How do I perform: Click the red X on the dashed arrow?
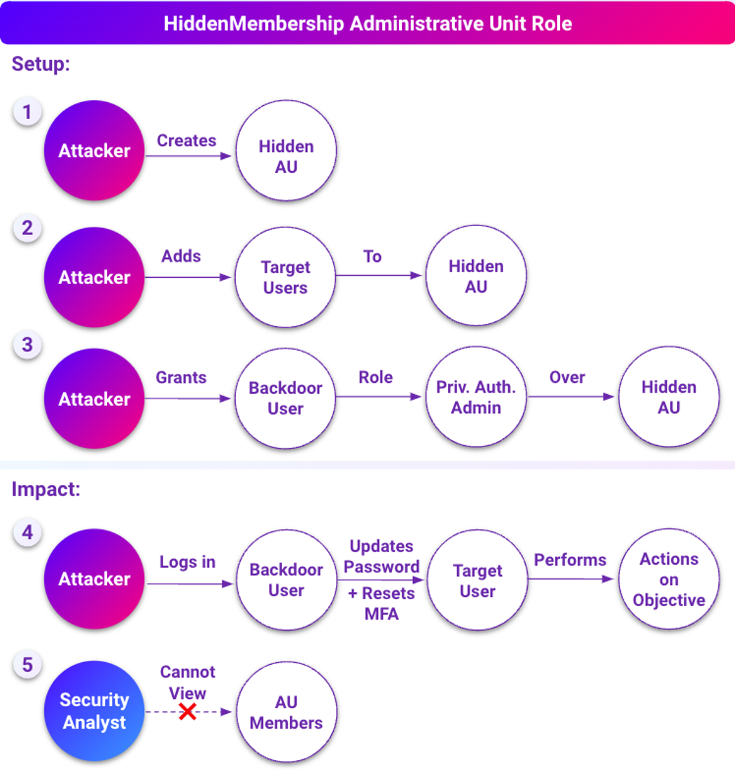pos(187,712)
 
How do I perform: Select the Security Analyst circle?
pos(94,711)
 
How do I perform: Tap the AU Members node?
pos(286,713)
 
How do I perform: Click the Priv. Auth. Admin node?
pos(477,398)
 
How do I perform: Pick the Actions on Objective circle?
pos(668,580)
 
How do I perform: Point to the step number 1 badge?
pos(27,112)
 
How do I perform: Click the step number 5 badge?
pos(27,664)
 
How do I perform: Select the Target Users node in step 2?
pos(286,277)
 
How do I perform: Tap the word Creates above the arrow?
pos(186,141)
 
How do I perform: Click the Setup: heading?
pos(41,65)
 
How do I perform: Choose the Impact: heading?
pos(46,489)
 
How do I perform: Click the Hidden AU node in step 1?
pos(286,157)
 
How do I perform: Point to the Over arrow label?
pos(567,377)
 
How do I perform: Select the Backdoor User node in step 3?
pos(286,398)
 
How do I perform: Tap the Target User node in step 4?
pos(478,580)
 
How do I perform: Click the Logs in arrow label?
pos(188,562)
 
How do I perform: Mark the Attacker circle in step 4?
pos(94,580)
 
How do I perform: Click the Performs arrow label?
pos(570,560)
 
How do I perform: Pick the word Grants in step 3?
pos(181,377)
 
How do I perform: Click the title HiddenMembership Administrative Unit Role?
pos(367,23)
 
